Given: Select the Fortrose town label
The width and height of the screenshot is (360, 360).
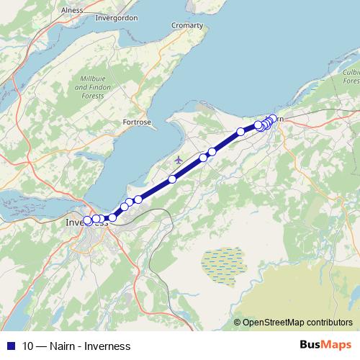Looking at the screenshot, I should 138,122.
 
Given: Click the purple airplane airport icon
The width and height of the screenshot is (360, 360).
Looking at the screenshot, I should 179,159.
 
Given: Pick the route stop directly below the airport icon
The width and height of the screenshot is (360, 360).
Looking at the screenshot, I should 172,179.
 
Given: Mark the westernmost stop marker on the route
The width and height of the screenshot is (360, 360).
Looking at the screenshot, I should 88,220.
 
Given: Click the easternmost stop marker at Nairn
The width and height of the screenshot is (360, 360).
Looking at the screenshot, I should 273,119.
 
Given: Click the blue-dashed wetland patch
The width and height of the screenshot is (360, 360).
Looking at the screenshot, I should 223,263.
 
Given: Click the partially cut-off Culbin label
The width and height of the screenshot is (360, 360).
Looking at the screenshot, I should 351,73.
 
